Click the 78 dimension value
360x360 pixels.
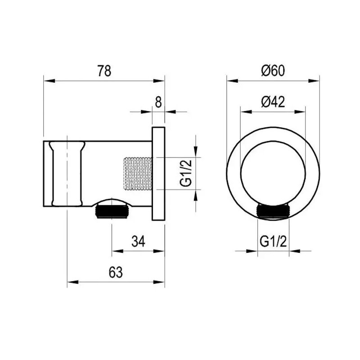(104, 71)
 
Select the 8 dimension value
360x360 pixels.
(158, 102)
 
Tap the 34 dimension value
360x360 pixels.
(138, 242)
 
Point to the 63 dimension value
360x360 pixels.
(116, 272)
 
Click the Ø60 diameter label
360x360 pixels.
(273, 71)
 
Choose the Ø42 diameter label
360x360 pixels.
(273, 102)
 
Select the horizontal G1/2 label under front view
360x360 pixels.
(273, 242)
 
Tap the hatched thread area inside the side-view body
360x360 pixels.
(137, 173)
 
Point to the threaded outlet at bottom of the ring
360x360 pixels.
(273, 211)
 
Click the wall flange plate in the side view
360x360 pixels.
(158, 173)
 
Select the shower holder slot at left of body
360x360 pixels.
(67, 173)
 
